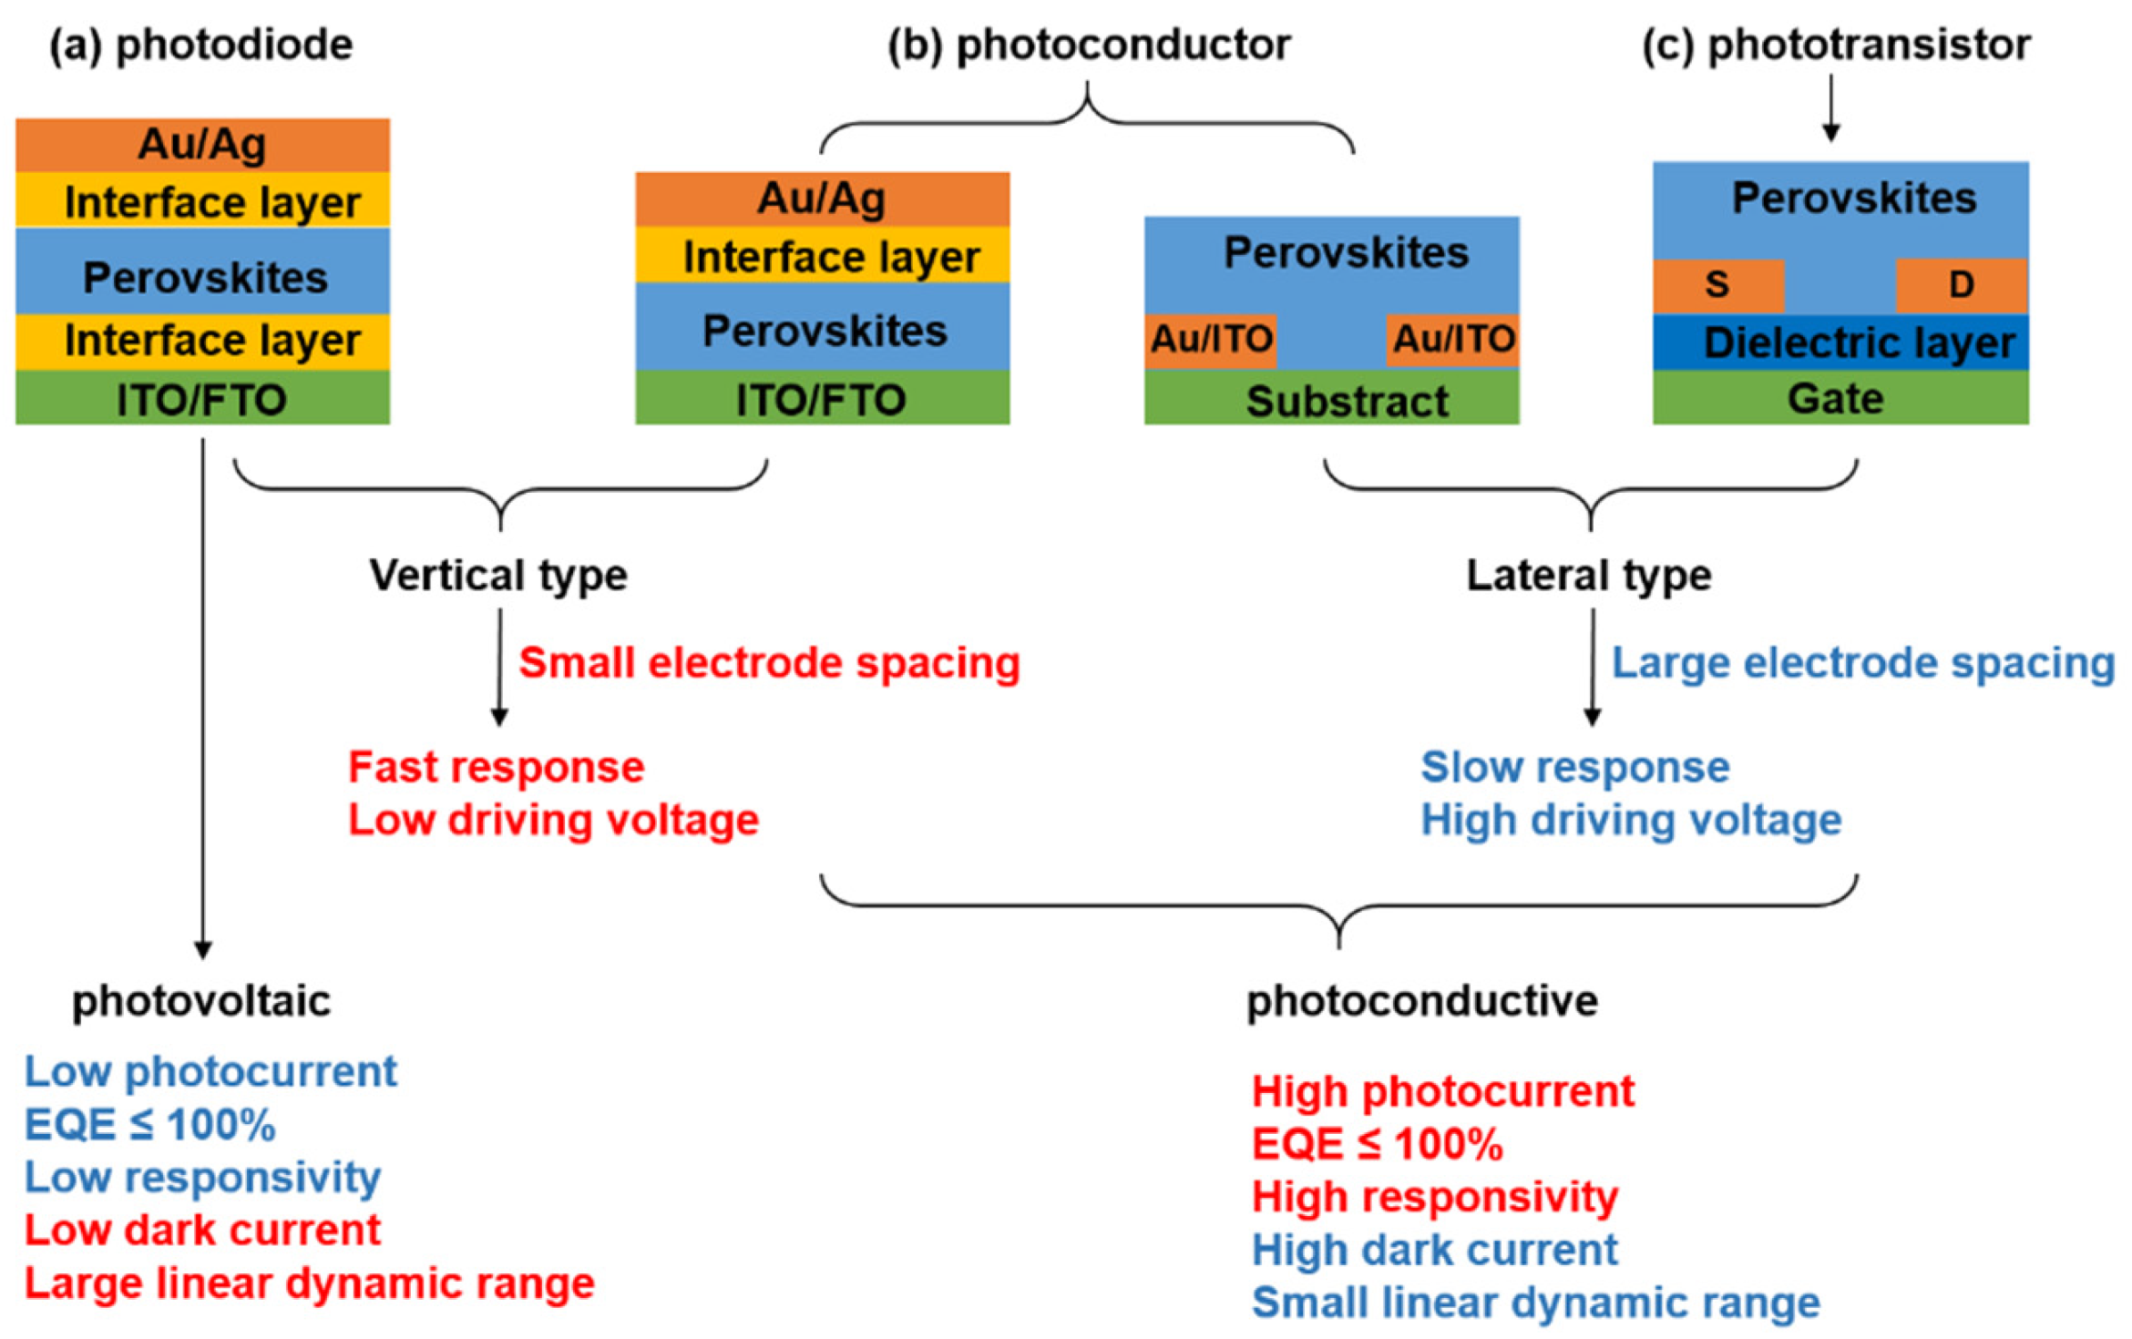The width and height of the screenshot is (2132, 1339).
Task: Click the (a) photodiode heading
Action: (200, 45)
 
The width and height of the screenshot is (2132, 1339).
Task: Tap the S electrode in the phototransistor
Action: (1717, 285)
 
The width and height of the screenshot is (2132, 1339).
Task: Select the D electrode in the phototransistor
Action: (1961, 285)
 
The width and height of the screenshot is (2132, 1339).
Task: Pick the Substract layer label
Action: (1347, 401)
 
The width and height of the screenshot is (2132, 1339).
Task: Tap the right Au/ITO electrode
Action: (1452, 340)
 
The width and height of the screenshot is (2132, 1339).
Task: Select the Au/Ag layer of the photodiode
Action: (202, 144)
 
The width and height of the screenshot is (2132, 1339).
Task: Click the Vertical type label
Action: (498, 575)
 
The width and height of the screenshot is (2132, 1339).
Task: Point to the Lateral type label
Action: (1588, 575)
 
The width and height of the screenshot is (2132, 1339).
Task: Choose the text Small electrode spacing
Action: (769, 662)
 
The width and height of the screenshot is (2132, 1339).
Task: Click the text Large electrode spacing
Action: (1862, 662)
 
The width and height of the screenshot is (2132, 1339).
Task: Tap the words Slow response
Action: (1574, 767)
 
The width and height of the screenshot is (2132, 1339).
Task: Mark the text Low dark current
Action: (202, 1230)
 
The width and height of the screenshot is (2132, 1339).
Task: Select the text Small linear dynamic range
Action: (1535, 1302)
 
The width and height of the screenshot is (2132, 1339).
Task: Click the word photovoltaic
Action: (201, 1001)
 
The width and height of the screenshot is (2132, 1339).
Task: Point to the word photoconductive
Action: (1421, 1001)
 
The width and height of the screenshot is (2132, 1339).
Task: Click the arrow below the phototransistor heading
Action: (1830, 108)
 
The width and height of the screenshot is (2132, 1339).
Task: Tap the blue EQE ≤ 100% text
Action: (149, 1124)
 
